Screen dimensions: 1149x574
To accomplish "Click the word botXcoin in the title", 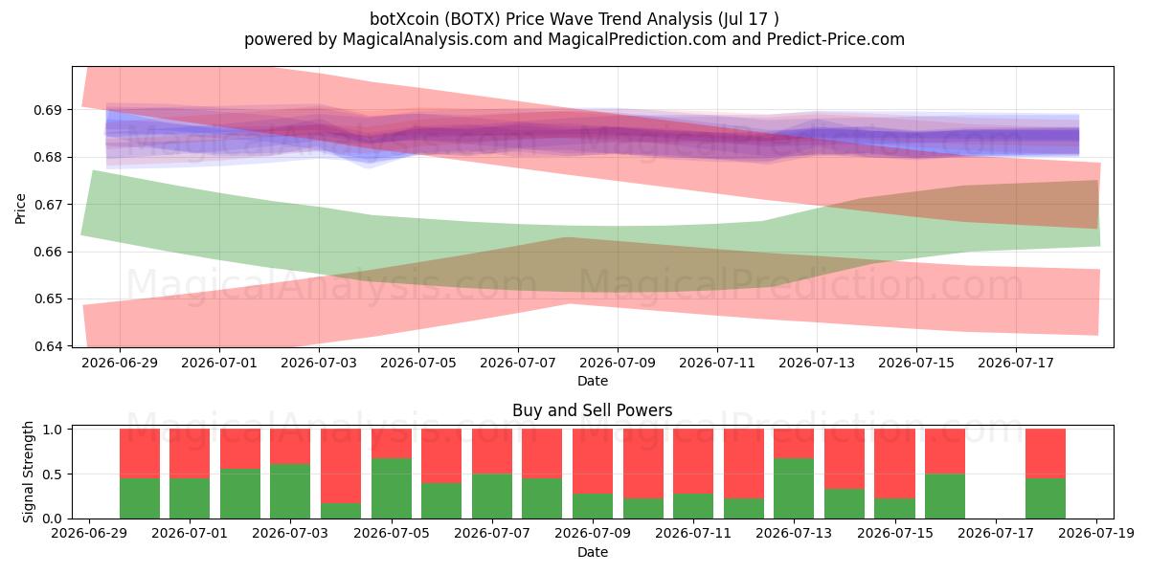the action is click(x=404, y=19).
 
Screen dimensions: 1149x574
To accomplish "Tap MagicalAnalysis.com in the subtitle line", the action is click(x=425, y=39).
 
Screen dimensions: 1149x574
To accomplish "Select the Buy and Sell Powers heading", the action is click(x=592, y=410).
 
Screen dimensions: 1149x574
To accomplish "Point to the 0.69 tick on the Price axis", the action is click(x=48, y=110).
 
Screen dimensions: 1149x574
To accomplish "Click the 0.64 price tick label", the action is click(x=48, y=346).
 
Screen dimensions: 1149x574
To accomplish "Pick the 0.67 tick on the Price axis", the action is click(x=48, y=205).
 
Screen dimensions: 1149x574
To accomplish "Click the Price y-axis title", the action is click(x=20, y=210).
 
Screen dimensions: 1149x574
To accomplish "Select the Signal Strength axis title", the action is click(x=28, y=472).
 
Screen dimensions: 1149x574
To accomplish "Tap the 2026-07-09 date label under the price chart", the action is click(x=618, y=363).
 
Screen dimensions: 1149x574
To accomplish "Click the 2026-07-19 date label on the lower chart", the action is click(x=1096, y=534).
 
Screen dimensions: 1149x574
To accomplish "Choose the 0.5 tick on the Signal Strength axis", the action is click(x=53, y=475).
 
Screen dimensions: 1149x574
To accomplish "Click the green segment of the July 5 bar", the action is click(x=392, y=489).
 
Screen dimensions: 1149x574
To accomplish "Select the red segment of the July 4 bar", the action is click(x=341, y=466).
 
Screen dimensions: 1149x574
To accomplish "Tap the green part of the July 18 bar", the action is click(x=1046, y=498).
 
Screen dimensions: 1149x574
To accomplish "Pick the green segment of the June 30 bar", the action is click(x=140, y=498).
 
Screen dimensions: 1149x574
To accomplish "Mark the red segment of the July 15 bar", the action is click(x=894, y=463).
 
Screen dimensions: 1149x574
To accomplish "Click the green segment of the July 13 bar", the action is click(x=794, y=489).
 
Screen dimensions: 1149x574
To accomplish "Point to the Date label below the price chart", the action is click(x=593, y=381).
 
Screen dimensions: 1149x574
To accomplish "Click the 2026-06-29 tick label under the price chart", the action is click(x=120, y=363).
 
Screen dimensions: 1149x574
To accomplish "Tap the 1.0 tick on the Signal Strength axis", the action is click(x=53, y=430).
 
